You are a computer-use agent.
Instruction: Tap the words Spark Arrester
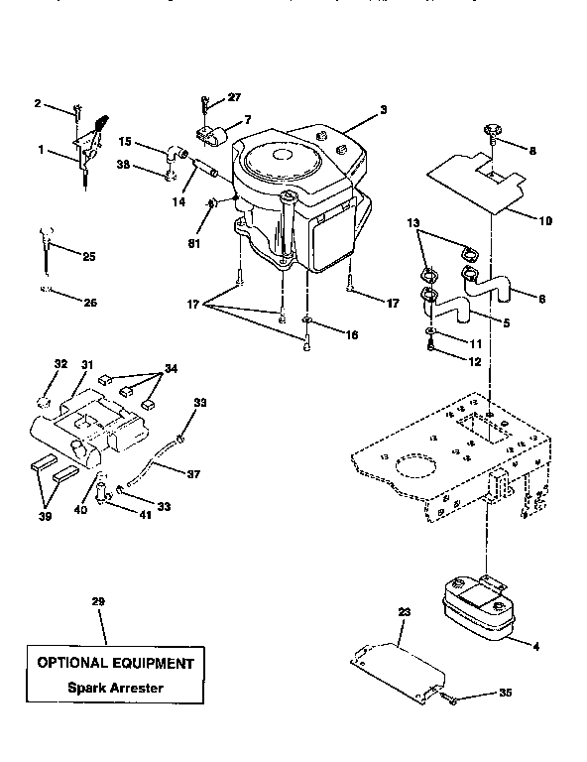pyautogui.click(x=116, y=688)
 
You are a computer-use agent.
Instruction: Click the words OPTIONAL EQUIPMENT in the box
pyautogui.click(x=116, y=662)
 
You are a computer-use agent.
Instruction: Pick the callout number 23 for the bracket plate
pyautogui.click(x=404, y=612)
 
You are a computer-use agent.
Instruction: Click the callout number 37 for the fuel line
pyautogui.click(x=193, y=474)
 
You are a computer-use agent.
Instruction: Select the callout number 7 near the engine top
pyautogui.click(x=248, y=119)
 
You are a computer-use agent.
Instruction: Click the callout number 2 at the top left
pyautogui.click(x=38, y=103)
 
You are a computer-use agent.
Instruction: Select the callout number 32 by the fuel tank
pyautogui.click(x=60, y=364)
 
